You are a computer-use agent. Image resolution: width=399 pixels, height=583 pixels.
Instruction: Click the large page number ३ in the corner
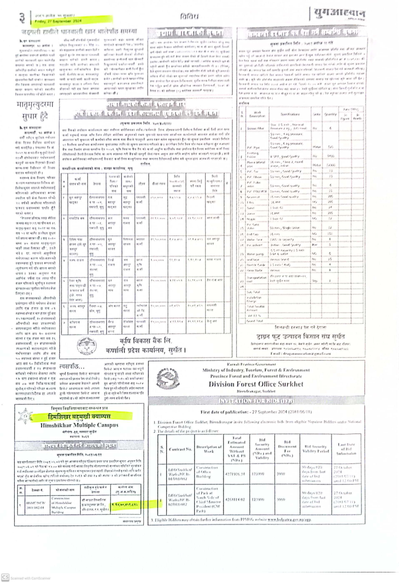tap(22, 18)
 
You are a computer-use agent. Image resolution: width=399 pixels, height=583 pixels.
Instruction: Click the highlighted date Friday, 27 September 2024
tap(58, 21)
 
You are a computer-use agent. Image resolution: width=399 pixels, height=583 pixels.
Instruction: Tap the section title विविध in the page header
tap(189, 16)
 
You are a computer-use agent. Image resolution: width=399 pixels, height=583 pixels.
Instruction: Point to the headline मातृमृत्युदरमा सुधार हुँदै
tap(35, 110)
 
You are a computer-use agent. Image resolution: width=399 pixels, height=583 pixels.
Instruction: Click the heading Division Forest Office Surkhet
tap(256, 384)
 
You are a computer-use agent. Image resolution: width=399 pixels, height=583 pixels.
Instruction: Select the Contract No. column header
tap(180, 449)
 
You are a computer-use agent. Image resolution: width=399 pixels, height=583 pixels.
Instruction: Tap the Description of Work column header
tap(209, 449)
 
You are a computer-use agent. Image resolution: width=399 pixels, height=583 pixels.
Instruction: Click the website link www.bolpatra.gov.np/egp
tap(289, 519)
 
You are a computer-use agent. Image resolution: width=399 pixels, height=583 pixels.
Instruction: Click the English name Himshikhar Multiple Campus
tap(79, 425)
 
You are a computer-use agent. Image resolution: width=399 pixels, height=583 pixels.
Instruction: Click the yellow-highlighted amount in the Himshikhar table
tap(125, 504)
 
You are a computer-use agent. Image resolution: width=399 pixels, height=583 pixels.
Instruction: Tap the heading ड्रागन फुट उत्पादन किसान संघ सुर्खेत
tap(300, 336)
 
